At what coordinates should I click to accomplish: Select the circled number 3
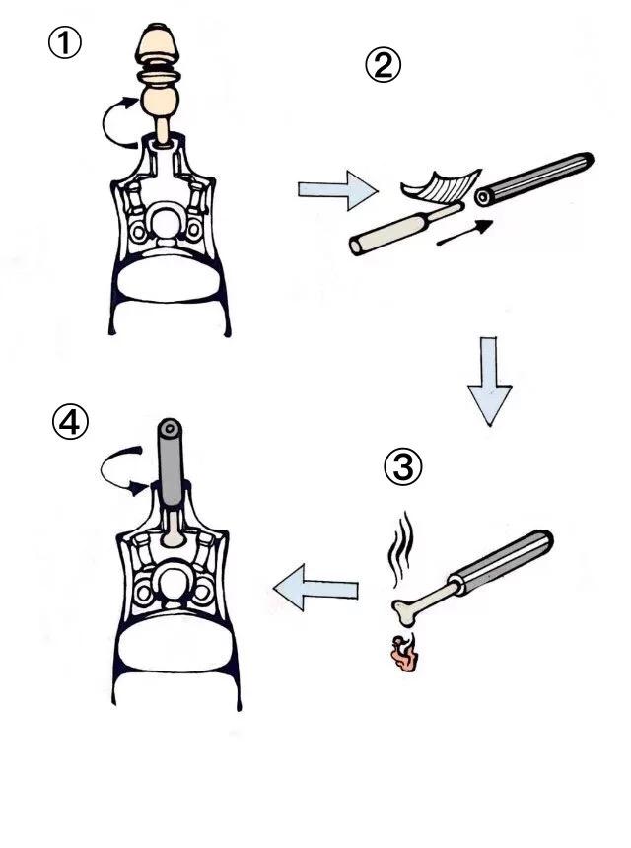(x=401, y=467)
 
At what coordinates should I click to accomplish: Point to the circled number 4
(x=70, y=424)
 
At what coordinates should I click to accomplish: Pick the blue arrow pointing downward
(x=489, y=380)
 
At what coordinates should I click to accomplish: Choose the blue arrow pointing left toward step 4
(x=314, y=592)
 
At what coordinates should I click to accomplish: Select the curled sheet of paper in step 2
(x=440, y=184)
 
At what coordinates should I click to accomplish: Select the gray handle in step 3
(x=503, y=561)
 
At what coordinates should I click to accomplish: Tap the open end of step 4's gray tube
(x=172, y=429)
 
